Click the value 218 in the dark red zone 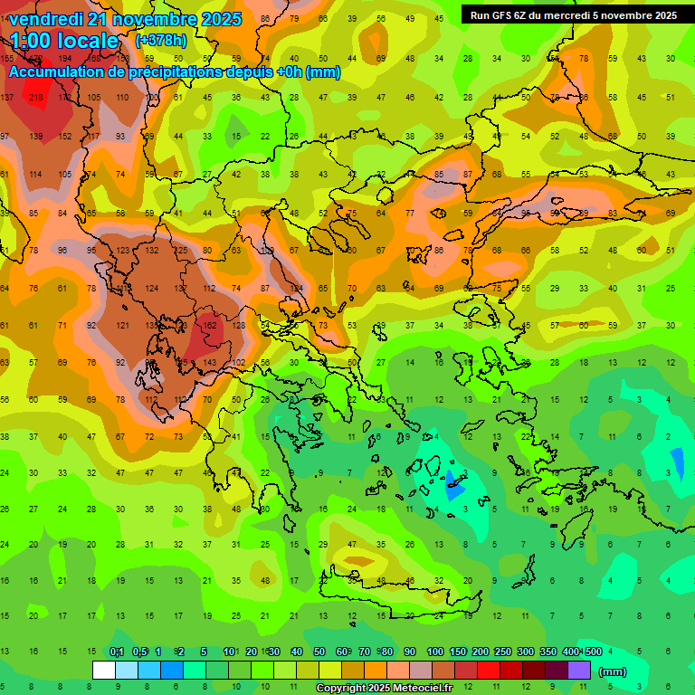pos(36,97)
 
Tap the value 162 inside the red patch pos(209,325)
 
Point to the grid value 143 pos(209,362)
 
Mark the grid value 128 pos(238,325)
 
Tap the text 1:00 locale pos(67,41)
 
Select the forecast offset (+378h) pos(162,41)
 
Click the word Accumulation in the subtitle pos(59,72)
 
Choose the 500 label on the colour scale pos(593,652)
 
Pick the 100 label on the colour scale pos(434,652)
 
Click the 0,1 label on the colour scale pos(117,652)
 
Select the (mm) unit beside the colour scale pos(613,671)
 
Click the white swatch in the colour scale pos(104,670)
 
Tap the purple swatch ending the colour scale pos(579,670)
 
